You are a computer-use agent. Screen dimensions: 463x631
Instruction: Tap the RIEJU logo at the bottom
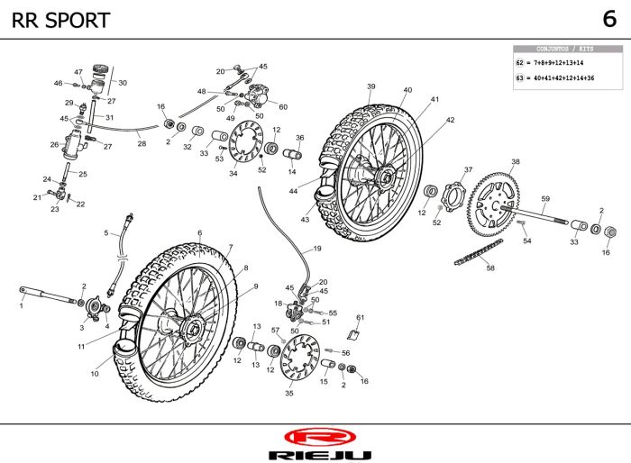pyautogui.click(x=315, y=440)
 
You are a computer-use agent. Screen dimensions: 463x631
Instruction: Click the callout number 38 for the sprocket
pyautogui.click(x=515, y=162)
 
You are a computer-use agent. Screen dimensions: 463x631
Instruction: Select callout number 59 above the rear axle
pyautogui.click(x=545, y=199)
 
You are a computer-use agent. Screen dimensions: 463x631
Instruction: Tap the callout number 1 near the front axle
pyautogui.click(x=21, y=306)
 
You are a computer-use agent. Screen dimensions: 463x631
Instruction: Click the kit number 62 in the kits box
pyautogui.click(x=520, y=64)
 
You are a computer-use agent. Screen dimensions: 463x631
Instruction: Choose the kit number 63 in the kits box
pyautogui.click(x=520, y=78)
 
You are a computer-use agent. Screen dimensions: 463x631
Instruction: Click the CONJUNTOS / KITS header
pyautogui.click(x=565, y=50)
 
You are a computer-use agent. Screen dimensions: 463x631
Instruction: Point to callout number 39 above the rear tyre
pyautogui.click(x=370, y=86)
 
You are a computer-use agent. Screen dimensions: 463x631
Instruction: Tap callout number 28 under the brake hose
pyautogui.click(x=142, y=143)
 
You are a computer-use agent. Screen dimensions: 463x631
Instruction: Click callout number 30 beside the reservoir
pyautogui.click(x=123, y=83)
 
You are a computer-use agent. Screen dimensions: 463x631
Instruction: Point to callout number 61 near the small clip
pyautogui.click(x=360, y=317)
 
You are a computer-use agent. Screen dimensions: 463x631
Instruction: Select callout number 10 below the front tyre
pyautogui.click(x=95, y=374)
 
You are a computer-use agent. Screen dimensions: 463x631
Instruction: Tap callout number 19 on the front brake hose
pyautogui.click(x=316, y=248)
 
